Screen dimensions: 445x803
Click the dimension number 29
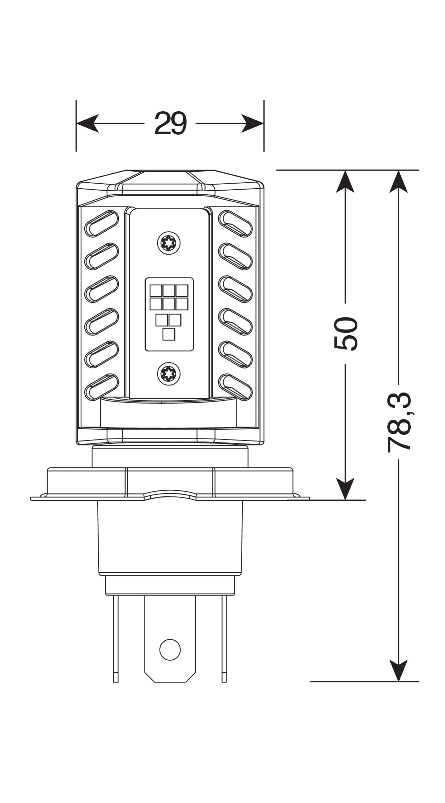(170, 123)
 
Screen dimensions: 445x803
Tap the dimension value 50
(345, 334)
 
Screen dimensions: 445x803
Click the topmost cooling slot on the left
(102, 223)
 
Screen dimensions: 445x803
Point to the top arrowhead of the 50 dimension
(345, 182)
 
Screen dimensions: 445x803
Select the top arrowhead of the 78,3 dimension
(399, 182)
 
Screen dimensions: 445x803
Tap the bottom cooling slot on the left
(102, 387)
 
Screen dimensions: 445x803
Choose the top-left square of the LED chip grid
(156, 291)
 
